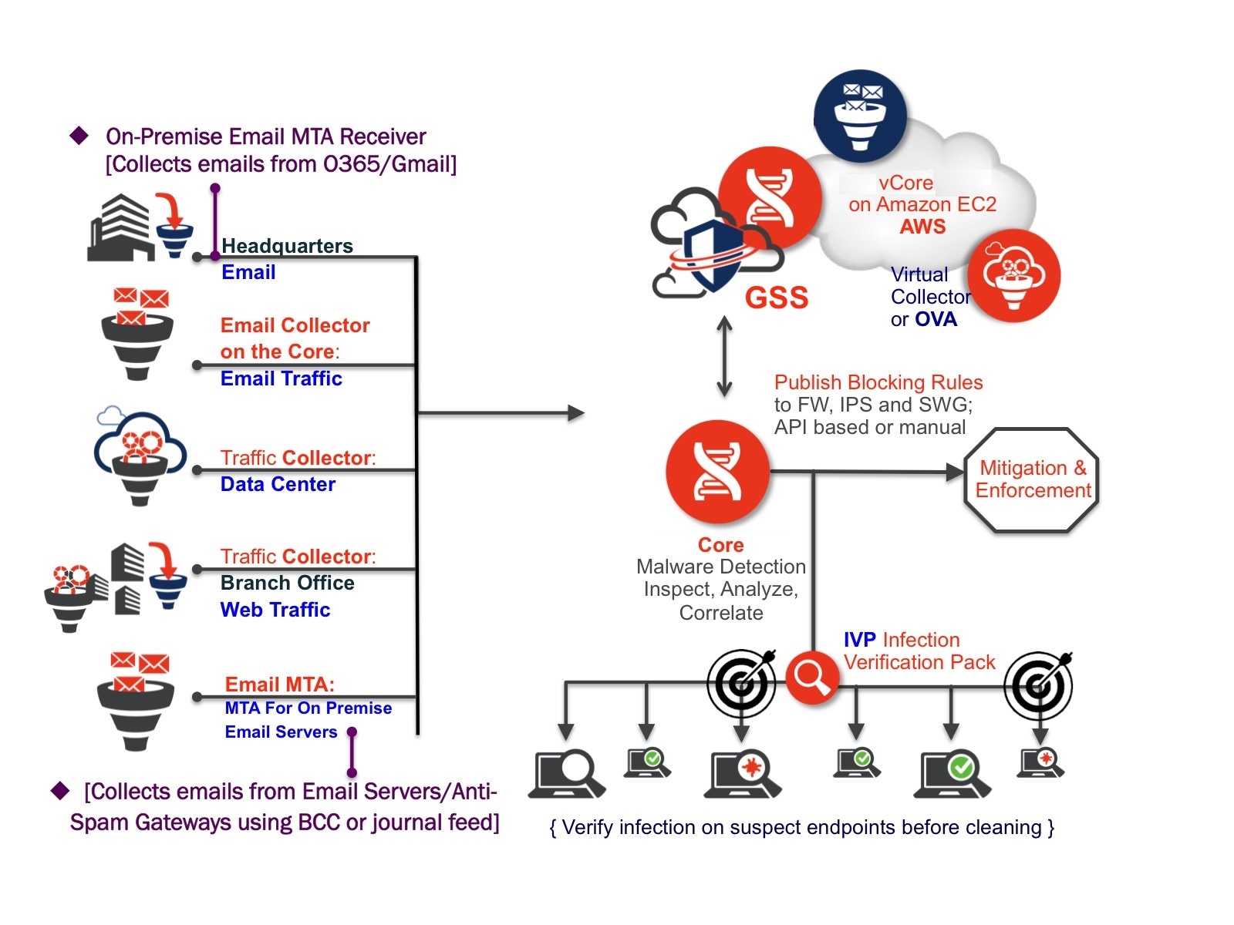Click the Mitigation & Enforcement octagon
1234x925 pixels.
pyautogui.click(x=1032, y=479)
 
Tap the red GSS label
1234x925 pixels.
pyautogui.click(x=776, y=298)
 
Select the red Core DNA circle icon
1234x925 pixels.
pyautogui.click(x=717, y=471)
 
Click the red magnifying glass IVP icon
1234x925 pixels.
pyautogui.click(x=812, y=677)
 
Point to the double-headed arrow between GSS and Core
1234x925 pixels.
pyautogui.click(x=724, y=357)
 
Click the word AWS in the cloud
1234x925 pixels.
pyautogui.click(x=922, y=227)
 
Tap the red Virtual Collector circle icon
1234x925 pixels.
pyautogui.click(x=1013, y=275)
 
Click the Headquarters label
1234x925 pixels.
pyautogui.click(x=287, y=246)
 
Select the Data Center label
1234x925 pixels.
pyautogui.click(x=278, y=484)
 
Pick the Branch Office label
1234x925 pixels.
pyautogui.click(x=287, y=583)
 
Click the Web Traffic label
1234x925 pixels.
pyautogui.click(x=275, y=610)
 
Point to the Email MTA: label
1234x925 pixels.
pyautogui.click(x=279, y=684)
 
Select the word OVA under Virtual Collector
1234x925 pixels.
pyautogui.click(x=936, y=319)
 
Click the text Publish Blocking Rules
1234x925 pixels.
pyautogui.click(x=878, y=382)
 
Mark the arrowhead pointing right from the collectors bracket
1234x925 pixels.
pyautogui.click(x=576, y=413)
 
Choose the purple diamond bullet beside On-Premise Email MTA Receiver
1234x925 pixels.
pyautogui.click(x=79, y=136)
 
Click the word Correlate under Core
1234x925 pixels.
pyautogui.click(x=721, y=613)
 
